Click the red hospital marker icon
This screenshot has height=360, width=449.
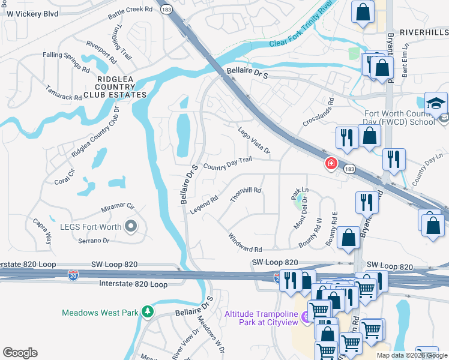click(330, 163)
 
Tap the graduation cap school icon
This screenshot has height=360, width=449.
click(436, 103)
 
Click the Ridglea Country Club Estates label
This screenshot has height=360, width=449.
click(115, 86)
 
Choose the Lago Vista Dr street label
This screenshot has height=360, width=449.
click(254, 140)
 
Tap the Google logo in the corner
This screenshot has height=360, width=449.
click(20, 352)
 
